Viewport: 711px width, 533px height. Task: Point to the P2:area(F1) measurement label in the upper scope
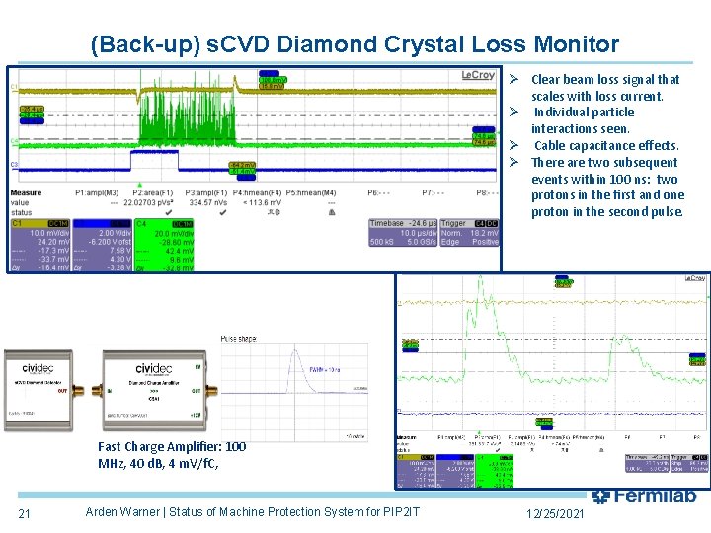click(x=154, y=193)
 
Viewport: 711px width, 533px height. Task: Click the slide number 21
click(x=24, y=512)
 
